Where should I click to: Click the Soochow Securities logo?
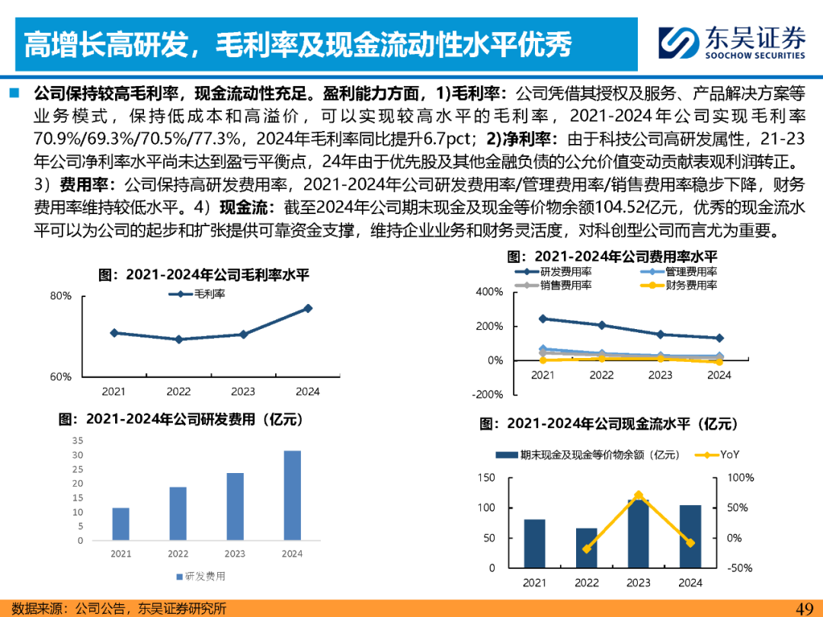(732, 43)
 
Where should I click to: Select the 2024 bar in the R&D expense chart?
(292, 495)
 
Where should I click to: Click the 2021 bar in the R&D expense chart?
(121, 524)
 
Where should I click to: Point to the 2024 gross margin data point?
(308, 308)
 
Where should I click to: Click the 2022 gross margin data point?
(178, 339)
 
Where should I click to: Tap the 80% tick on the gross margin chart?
(61, 296)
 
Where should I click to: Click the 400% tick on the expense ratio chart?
(489, 292)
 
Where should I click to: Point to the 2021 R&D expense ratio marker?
(543, 318)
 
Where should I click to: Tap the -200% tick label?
(488, 395)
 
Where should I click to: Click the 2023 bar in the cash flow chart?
(639, 533)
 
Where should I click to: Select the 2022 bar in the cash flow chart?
(587, 548)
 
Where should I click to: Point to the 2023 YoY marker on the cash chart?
(639, 495)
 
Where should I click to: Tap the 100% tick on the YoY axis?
(742, 478)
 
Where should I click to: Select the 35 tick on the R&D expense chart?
(78, 440)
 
